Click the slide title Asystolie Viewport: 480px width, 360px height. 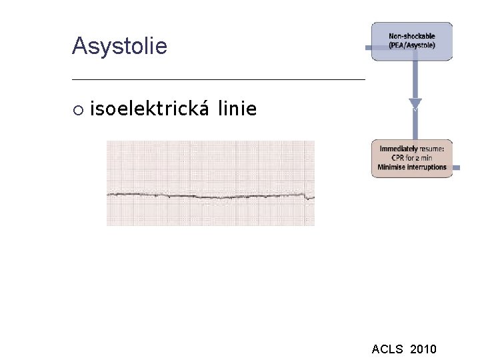point(119,47)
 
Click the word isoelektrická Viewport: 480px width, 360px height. point(150,108)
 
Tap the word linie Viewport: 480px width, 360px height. point(237,108)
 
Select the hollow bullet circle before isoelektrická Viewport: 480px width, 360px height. point(78,109)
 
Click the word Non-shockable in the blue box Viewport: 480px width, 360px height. point(412,36)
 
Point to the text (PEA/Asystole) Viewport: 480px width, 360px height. point(412,45)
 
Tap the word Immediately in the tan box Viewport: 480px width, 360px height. point(399,149)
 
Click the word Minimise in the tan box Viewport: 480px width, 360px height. point(391,167)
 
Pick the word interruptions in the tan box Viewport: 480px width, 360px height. point(426,167)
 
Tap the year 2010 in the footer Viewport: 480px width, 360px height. point(424,349)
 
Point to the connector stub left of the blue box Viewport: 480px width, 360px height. point(368,48)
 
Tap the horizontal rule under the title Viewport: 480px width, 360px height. point(219,79)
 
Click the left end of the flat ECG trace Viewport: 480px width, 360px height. point(109,194)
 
